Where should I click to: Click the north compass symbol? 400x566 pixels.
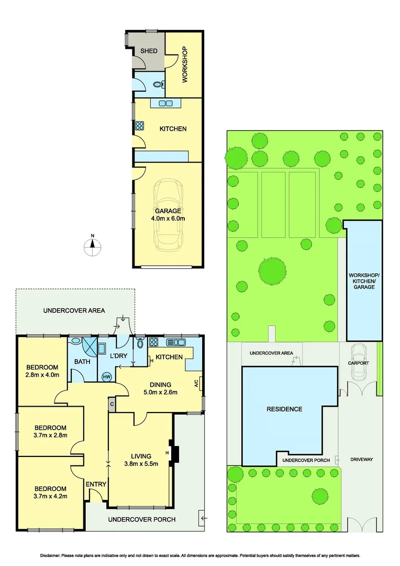point(93,246)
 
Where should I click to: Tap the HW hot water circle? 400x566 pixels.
point(107,376)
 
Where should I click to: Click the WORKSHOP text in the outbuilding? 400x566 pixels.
point(184,65)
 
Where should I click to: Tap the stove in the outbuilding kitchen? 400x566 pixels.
point(140,126)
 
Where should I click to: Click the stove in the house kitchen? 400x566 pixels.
point(154,343)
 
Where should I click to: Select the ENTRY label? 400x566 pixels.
point(96,484)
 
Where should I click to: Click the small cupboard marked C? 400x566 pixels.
point(112,404)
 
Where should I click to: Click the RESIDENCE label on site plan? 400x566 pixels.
point(284,409)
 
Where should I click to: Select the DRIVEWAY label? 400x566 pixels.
point(361,460)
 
